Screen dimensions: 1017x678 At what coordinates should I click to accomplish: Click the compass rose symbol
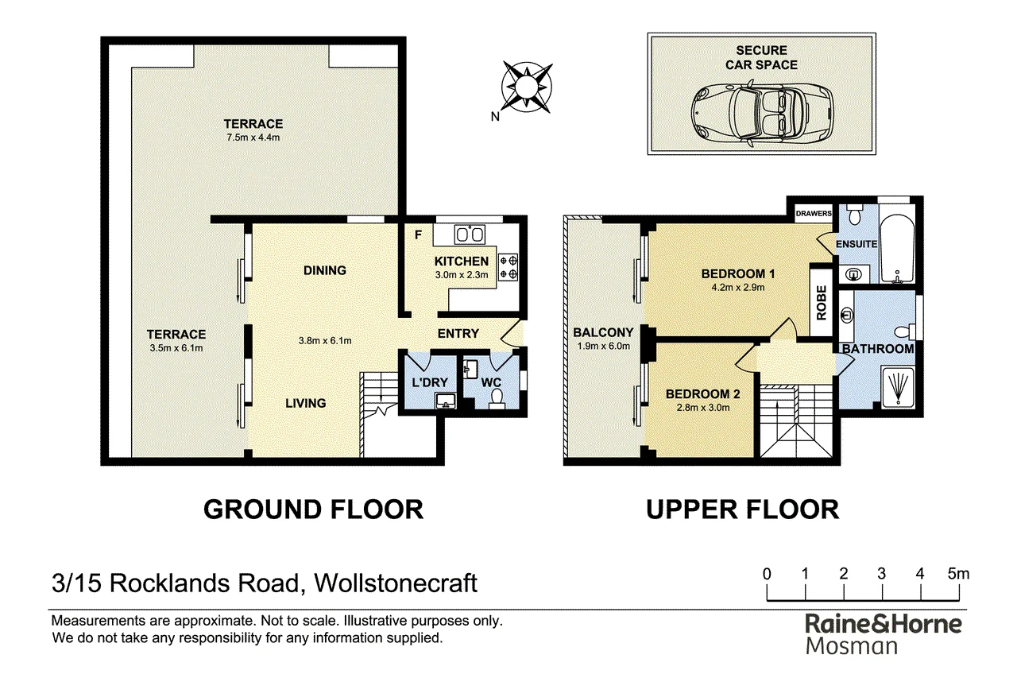pyautogui.click(x=527, y=87)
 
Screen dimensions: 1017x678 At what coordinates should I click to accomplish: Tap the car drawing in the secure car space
pyautogui.click(x=762, y=114)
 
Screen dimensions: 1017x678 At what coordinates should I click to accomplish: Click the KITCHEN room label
pyautogui.click(x=462, y=262)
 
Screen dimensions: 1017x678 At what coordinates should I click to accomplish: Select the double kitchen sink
pyautogui.click(x=470, y=234)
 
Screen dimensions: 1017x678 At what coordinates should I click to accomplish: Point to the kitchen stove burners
pyautogui.click(x=508, y=267)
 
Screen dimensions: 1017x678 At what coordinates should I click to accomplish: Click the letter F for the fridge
pyautogui.click(x=418, y=234)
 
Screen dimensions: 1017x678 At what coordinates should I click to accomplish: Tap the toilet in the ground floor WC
pyautogui.click(x=497, y=399)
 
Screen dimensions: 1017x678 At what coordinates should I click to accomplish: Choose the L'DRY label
pyautogui.click(x=430, y=382)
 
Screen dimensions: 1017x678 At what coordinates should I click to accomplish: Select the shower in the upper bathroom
pyautogui.click(x=898, y=386)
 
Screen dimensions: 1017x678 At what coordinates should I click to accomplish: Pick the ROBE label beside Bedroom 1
pyautogui.click(x=822, y=303)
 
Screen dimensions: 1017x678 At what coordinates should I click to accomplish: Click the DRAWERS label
pyautogui.click(x=814, y=214)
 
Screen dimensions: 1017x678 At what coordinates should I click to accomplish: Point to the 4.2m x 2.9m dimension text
pyautogui.click(x=738, y=288)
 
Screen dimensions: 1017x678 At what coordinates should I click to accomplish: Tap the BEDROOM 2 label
pyautogui.click(x=703, y=394)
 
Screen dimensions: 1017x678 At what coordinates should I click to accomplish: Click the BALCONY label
pyautogui.click(x=603, y=332)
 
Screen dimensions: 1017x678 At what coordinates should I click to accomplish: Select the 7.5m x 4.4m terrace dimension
pyautogui.click(x=253, y=138)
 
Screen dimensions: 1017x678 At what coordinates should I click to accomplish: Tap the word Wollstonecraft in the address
pyautogui.click(x=396, y=583)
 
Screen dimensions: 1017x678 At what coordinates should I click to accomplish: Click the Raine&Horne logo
pyautogui.click(x=884, y=634)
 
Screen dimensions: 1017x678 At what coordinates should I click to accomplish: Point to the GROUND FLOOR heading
pyautogui.click(x=313, y=509)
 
